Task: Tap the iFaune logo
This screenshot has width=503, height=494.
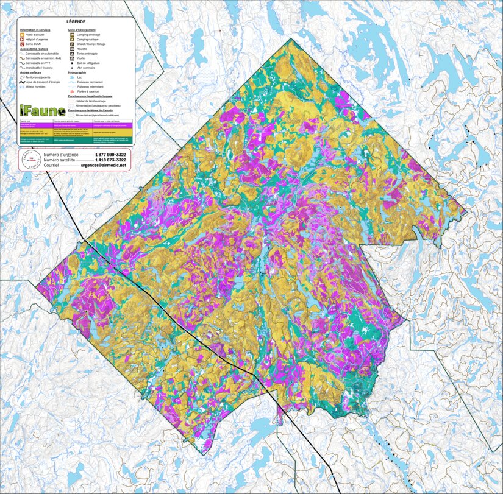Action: point(37,110)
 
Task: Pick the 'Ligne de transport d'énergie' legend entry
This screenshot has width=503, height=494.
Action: point(41,82)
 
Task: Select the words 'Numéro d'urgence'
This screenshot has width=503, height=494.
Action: point(59,155)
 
